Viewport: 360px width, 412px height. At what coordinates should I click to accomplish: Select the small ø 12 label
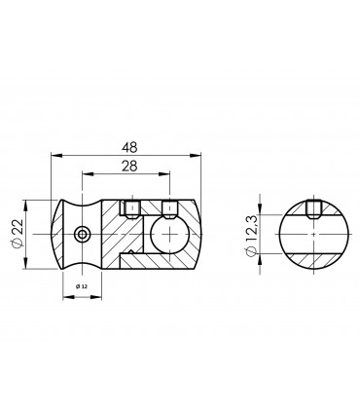(x=82, y=286)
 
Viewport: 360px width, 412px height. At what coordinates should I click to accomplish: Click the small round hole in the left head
(x=83, y=234)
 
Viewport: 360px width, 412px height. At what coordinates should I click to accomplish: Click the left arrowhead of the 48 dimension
(x=53, y=155)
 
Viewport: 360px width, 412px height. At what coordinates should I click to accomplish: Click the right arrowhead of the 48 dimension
(x=200, y=155)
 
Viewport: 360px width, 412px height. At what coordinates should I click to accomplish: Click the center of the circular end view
(x=312, y=235)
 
